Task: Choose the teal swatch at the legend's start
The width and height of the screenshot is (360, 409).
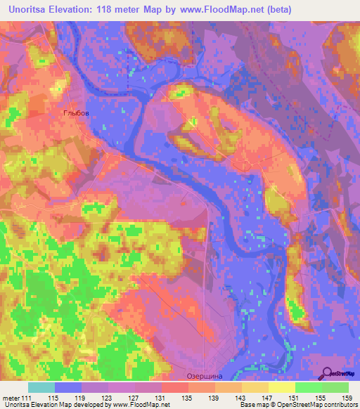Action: [41, 387]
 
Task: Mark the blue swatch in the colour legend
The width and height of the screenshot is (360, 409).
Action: [67, 387]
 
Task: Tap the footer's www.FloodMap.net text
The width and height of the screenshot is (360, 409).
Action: [143, 405]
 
